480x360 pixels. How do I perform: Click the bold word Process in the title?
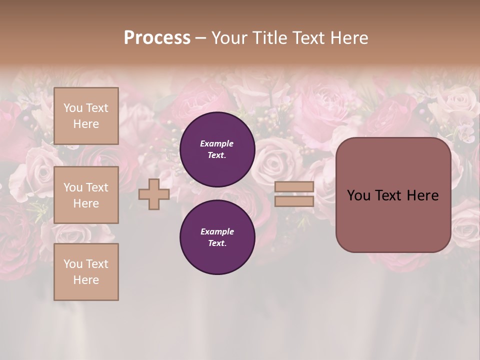(x=157, y=38)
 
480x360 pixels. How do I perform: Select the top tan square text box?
(x=86, y=116)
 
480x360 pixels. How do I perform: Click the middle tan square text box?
(x=86, y=195)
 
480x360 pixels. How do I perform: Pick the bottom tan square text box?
(x=86, y=272)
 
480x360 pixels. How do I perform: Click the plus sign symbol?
(x=154, y=194)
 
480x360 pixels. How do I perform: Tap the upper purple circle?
(x=217, y=149)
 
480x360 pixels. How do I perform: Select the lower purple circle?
(x=217, y=237)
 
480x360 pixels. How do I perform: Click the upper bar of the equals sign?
(x=294, y=187)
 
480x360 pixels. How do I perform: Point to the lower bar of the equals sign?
(x=294, y=201)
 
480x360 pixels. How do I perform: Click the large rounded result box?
(x=393, y=195)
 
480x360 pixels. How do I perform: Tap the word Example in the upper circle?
(x=216, y=143)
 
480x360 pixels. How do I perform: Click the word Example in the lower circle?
(x=217, y=231)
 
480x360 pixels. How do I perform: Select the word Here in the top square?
(x=86, y=124)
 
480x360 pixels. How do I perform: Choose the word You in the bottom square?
(x=73, y=264)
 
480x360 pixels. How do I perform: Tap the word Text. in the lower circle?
(x=217, y=243)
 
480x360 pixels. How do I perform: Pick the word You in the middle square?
(x=73, y=187)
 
